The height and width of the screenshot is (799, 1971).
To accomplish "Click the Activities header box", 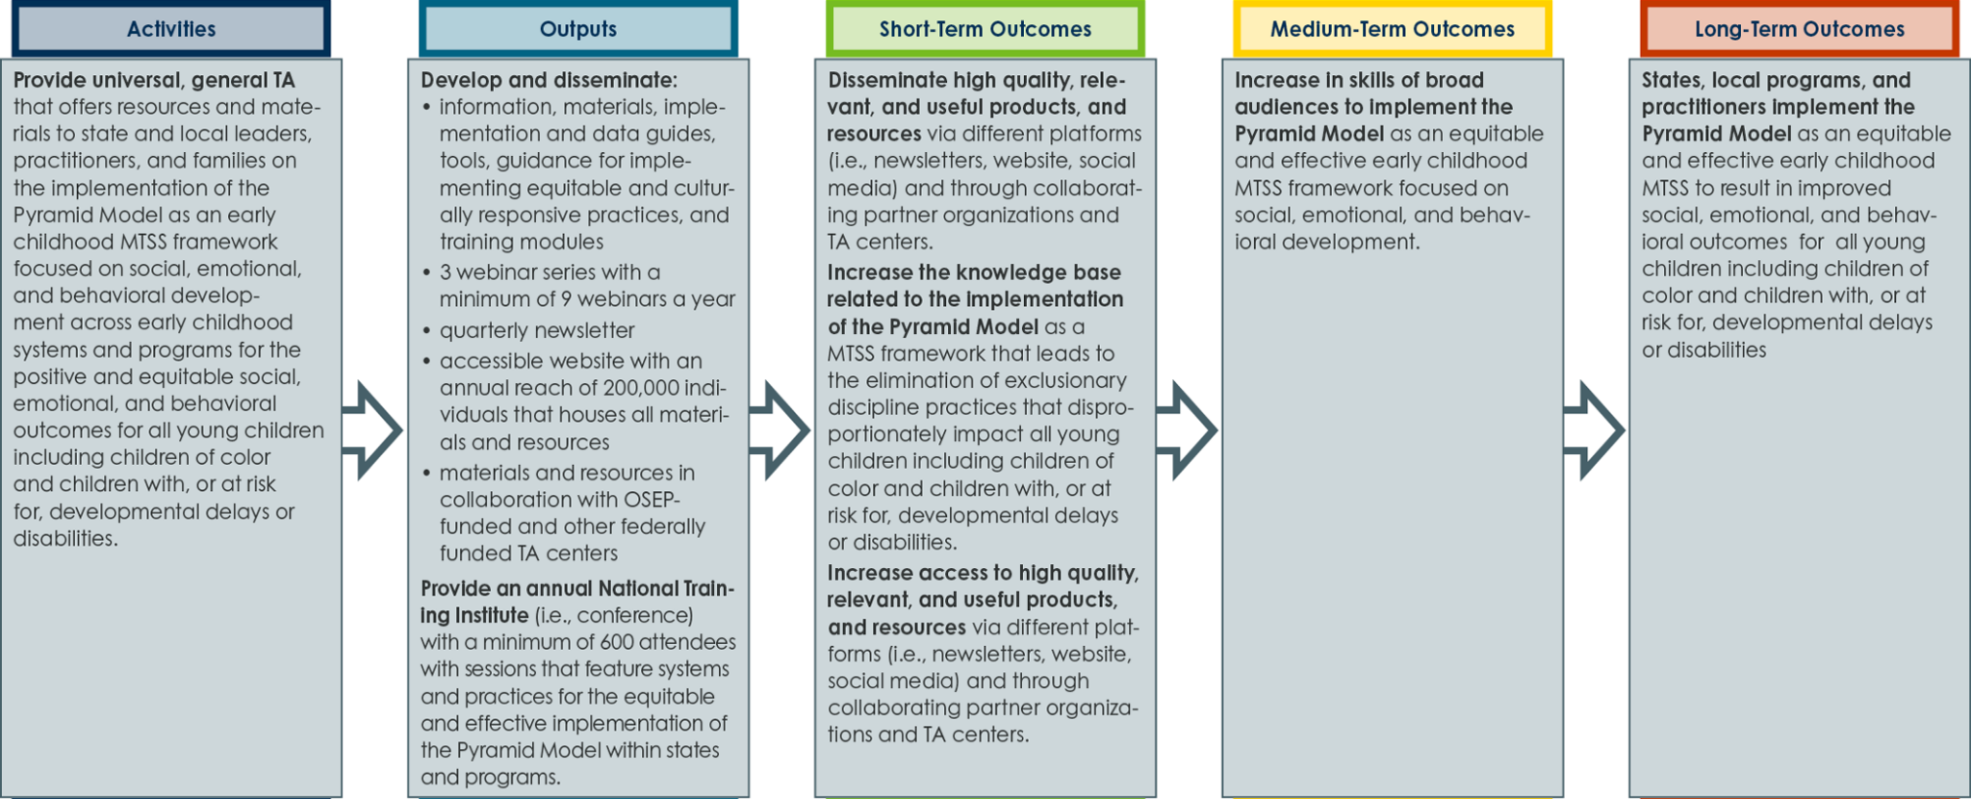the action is coord(171,29).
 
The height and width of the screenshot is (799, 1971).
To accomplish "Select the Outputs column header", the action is coord(578,29).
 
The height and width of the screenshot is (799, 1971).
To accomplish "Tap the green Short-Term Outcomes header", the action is coord(985,29).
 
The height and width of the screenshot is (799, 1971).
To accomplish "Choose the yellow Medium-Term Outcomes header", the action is coord(1393,29).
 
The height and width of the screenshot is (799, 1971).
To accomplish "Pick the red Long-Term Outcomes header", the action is coord(1800,29).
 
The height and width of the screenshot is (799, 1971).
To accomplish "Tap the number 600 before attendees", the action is coord(616,642).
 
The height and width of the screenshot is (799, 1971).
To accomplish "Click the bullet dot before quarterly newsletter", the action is coord(426,331).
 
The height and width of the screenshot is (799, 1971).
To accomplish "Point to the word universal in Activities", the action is coord(136,80).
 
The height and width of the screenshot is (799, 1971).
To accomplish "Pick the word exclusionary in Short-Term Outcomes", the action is coord(1066,381).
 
